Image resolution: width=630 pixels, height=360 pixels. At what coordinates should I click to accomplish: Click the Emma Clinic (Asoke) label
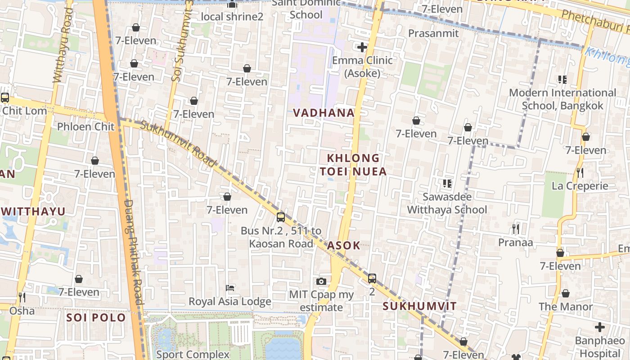362,67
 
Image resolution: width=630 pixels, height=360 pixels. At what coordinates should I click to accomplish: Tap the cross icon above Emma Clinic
362,47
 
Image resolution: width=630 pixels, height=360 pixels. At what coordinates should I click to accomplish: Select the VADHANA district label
324,113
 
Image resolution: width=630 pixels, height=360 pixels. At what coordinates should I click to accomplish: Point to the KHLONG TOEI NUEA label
353,165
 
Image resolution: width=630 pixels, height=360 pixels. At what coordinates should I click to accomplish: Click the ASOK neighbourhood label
344,246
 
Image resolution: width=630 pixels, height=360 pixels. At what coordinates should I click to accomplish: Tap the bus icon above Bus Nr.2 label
281,217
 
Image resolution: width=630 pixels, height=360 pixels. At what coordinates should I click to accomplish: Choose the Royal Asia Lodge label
230,301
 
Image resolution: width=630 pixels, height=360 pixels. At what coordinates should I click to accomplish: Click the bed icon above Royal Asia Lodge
230,288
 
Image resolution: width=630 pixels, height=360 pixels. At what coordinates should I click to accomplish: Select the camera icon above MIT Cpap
321,282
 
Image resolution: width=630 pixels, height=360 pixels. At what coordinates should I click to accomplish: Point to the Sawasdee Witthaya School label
447,203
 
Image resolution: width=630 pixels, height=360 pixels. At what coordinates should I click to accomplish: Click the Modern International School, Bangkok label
562,99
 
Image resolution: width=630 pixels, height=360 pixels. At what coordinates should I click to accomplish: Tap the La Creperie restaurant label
580,186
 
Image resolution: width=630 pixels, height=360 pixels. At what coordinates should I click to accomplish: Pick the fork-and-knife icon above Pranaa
516,229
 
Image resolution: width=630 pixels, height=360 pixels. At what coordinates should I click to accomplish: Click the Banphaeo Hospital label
599,346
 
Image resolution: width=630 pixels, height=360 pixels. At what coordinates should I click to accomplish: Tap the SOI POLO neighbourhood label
96,318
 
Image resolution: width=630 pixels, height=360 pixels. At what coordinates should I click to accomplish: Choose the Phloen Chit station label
86,126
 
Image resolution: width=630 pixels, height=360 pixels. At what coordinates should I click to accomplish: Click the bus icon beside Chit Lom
5,97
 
